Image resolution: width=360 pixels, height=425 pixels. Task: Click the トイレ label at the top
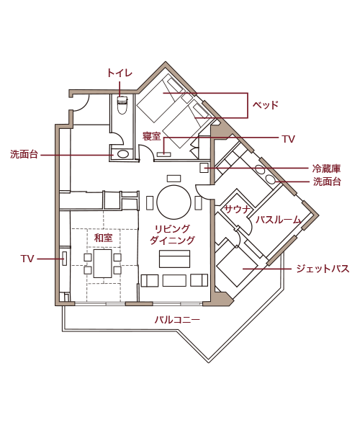pos(120,73)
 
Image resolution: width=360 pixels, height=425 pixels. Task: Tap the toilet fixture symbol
pos(122,104)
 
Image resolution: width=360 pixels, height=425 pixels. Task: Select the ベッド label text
pos(266,105)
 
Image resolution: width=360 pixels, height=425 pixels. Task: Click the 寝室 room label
pos(152,136)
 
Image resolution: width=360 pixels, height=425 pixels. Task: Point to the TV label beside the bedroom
pos(288,139)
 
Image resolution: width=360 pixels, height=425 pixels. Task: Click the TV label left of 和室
pos(27,259)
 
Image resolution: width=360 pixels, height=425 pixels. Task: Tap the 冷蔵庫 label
pos(326,169)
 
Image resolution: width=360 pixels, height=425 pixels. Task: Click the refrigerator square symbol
pos(204,168)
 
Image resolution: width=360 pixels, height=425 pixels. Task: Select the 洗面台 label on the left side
pos(24,154)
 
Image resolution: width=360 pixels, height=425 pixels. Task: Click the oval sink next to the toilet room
pos(122,154)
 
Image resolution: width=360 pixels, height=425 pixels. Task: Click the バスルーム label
pos(278,220)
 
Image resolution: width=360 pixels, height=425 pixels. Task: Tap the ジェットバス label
pos(323,269)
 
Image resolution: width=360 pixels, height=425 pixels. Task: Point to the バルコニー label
pos(177,320)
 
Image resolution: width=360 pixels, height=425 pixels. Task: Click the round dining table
pos(174,202)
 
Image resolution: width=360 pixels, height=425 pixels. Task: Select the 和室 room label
pos(103,238)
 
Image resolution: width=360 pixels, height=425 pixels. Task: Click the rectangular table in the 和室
pos(103,264)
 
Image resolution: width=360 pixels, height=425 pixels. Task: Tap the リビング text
pos(172,229)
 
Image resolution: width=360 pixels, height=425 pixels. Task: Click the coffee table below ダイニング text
pos(174,259)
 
